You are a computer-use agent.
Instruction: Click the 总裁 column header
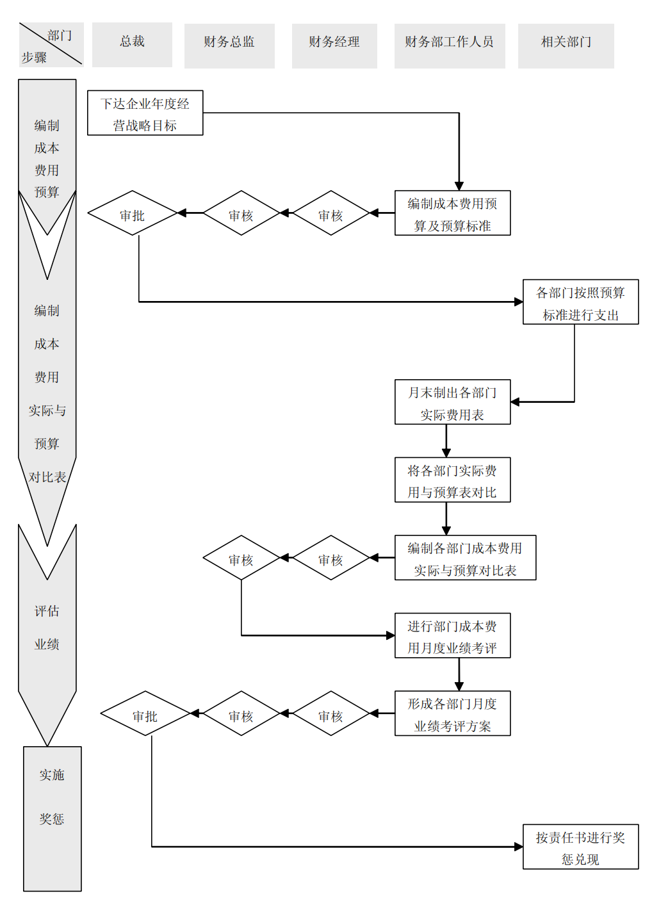[x=132, y=45]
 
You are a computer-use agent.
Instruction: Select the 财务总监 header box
[x=229, y=45]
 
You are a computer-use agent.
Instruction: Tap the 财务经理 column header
[x=334, y=45]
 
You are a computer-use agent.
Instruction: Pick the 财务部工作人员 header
[x=450, y=45]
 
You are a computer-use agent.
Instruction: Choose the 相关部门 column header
[x=566, y=45]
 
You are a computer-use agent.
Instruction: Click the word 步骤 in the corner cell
[x=34, y=58]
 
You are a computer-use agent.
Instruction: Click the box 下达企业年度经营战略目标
[x=145, y=113]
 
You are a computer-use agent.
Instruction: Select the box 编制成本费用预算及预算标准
[x=452, y=213]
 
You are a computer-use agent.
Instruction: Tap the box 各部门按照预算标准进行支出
[x=580, y=302]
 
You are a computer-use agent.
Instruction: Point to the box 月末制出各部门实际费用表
[x=452, y=402]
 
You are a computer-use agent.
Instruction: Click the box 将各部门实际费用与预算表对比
[x=452, y=480]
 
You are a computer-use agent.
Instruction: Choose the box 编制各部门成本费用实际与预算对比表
[x=465, y=558]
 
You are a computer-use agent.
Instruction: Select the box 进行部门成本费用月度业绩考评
[x=452, y=636]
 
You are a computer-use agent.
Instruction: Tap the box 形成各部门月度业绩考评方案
[x=452, y=713]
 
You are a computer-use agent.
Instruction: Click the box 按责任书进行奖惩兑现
[x=580, y=847]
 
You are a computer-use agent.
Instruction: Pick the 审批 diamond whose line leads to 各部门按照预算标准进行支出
[x=133, y=213]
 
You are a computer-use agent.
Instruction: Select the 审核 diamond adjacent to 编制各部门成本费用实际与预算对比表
[x=331, y=558]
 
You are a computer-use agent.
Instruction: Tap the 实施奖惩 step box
[x=53, y=818]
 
